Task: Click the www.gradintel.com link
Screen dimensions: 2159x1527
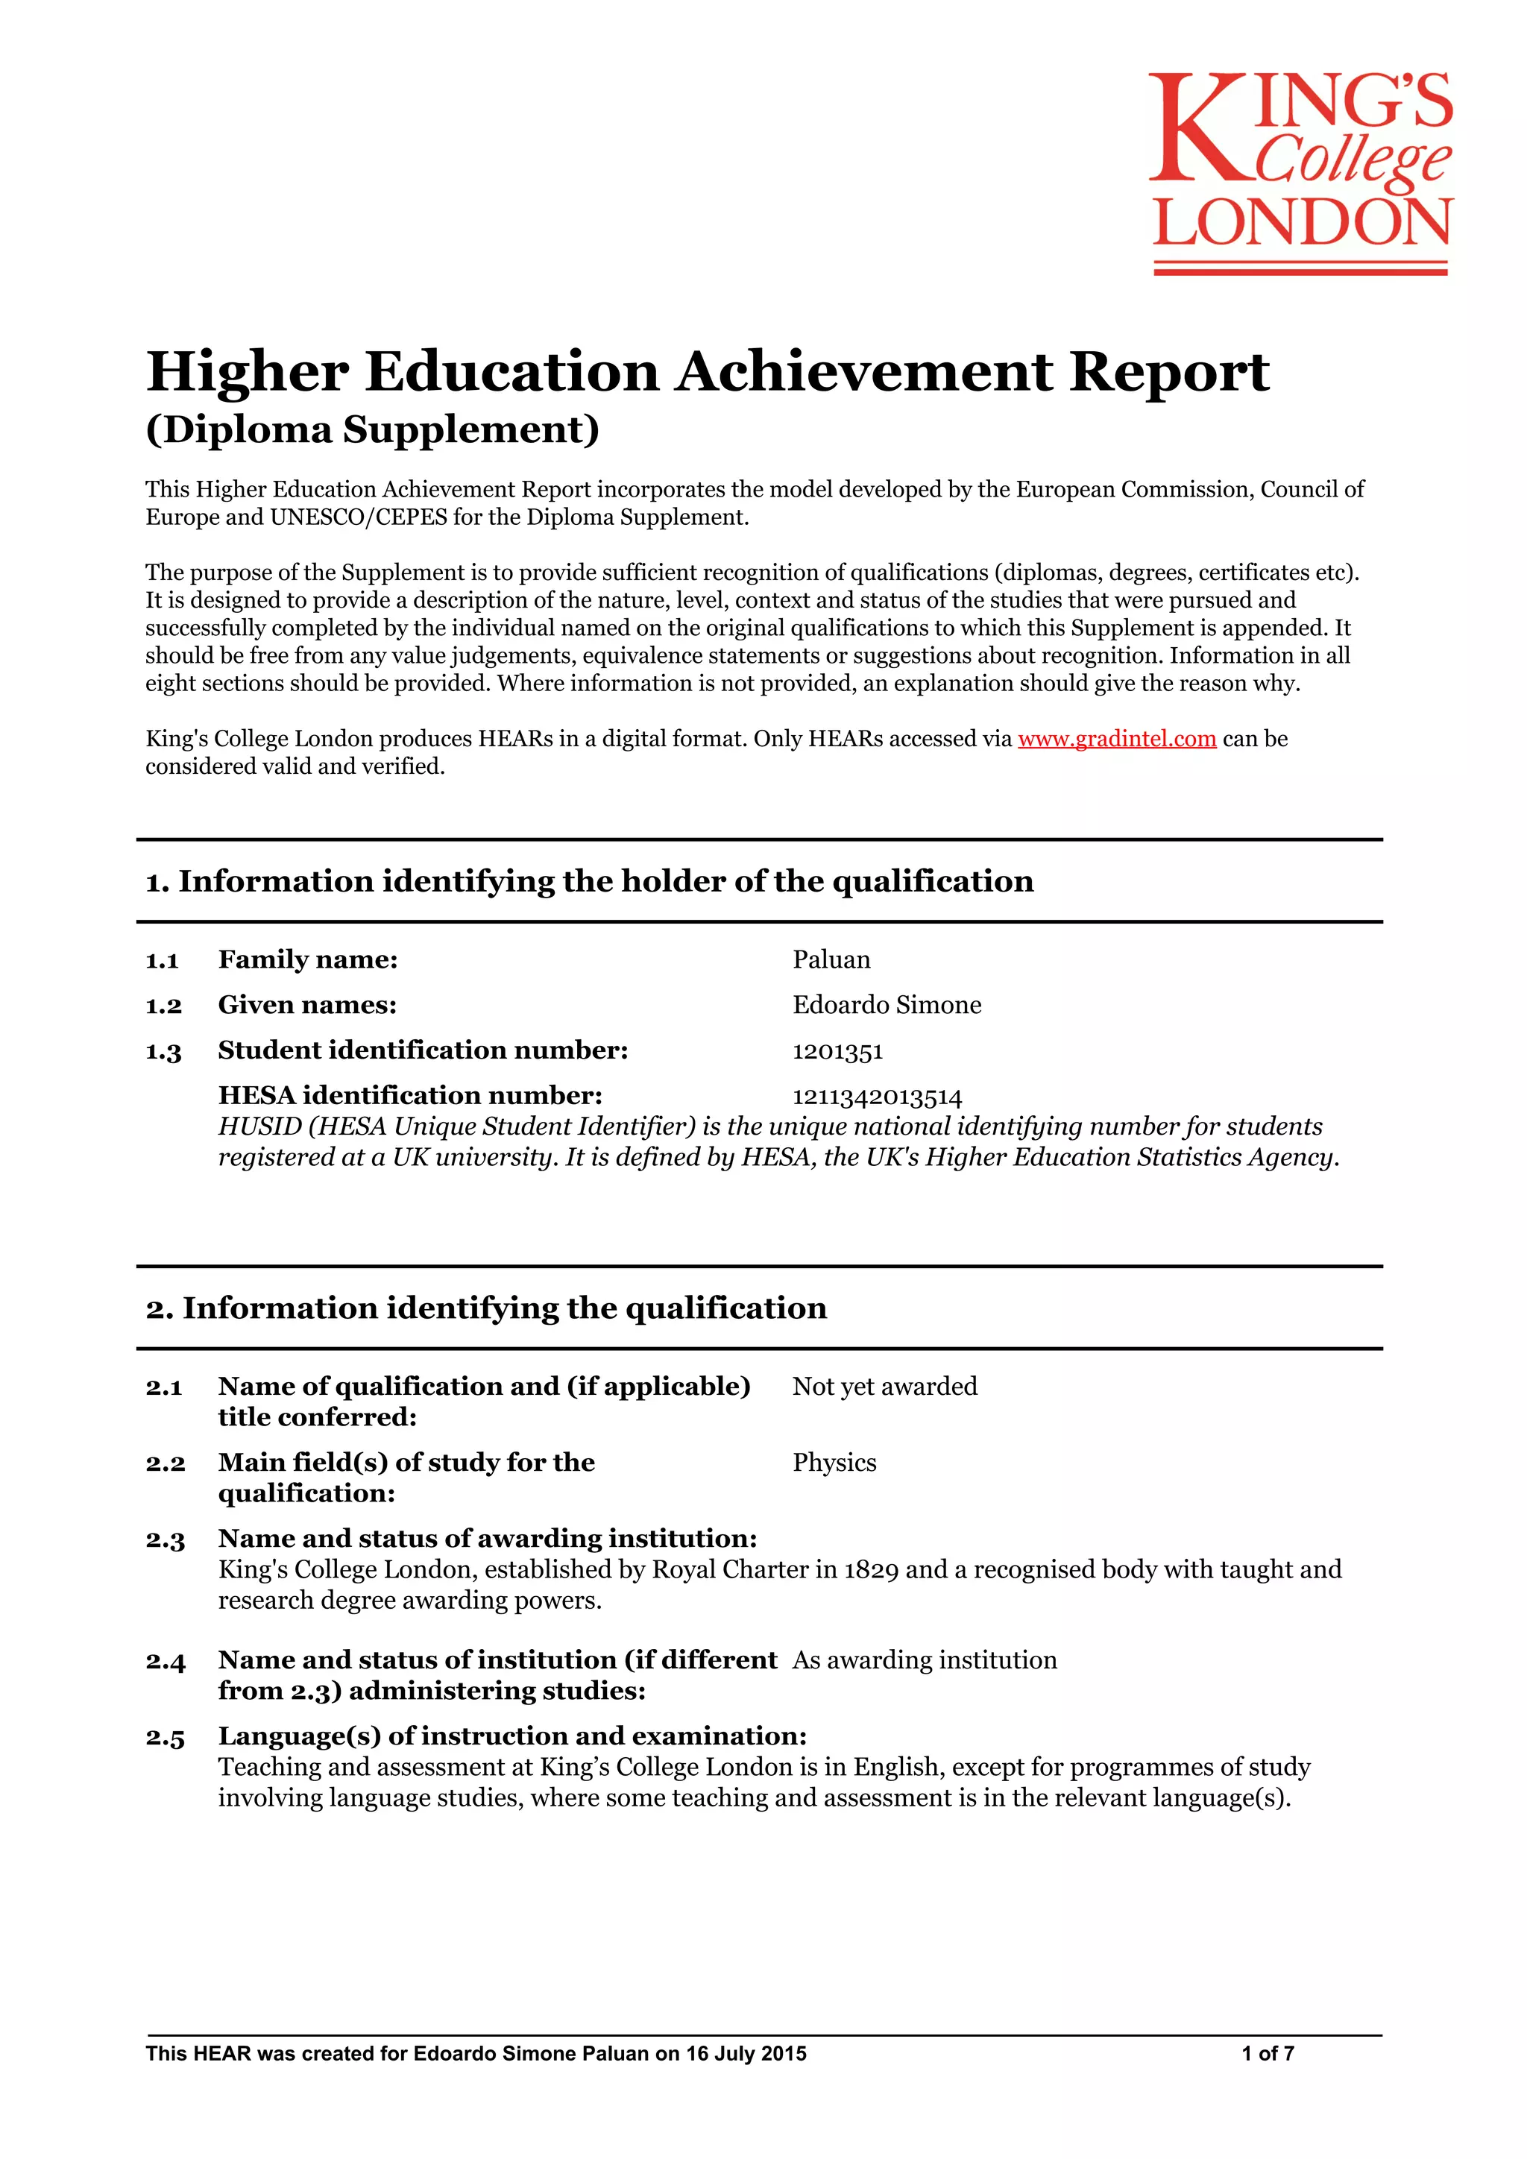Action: pos(1116,738)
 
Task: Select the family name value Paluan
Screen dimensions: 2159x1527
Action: pos(831,959)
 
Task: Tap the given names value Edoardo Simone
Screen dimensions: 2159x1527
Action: pos(887,1004)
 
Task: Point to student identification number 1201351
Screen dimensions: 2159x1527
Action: pos(838,1050)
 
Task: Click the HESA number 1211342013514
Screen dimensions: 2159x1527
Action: pos(878,1097)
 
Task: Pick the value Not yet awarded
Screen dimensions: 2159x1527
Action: pos(885,1386)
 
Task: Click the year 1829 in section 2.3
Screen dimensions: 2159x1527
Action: pos(871,1569)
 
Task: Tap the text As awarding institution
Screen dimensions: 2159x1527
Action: pos(925,1660)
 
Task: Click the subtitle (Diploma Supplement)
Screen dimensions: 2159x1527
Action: pos(372,429)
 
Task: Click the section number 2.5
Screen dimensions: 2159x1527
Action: pos(166,1737)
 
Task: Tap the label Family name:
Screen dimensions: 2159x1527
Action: pos(307,959)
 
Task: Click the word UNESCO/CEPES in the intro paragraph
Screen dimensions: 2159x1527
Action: pos(358,517)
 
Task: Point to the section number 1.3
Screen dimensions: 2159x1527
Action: pos(163,1051)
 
